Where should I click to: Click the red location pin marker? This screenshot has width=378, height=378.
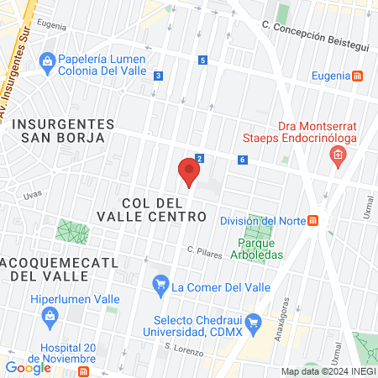189,172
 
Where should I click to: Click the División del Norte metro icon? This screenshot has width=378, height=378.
312,220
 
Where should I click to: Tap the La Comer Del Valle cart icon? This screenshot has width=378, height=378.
160,286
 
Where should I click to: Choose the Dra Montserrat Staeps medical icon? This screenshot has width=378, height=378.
338,155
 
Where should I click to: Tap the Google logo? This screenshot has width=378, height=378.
28,367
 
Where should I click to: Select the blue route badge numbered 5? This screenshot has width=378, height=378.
202,60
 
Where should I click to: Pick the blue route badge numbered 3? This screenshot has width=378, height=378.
158,76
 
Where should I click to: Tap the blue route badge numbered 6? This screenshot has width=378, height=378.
242,160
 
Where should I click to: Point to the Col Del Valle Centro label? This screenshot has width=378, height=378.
164,210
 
